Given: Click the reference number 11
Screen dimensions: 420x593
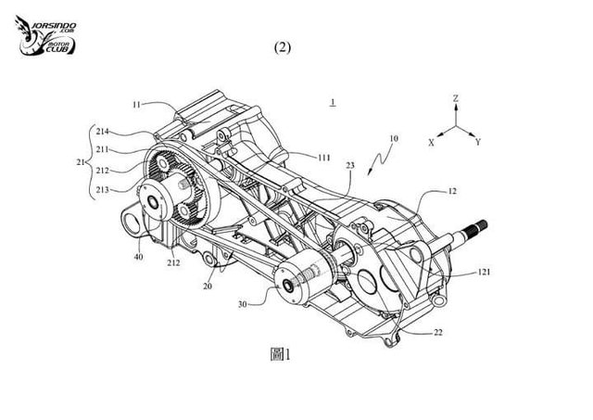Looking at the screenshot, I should pos(135,107).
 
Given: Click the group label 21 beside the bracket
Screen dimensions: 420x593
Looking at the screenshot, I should pos(80,162).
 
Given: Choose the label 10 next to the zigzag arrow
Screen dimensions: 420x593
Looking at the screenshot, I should pos(394,139).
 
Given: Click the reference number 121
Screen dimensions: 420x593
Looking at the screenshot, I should pos(484,273).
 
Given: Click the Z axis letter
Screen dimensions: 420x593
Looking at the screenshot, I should pos(456,96).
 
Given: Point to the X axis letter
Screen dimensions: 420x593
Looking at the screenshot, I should pos(432,144).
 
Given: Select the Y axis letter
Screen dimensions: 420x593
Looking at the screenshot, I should pos(477,144).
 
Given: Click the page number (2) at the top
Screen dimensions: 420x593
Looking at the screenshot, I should pos(284,48).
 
